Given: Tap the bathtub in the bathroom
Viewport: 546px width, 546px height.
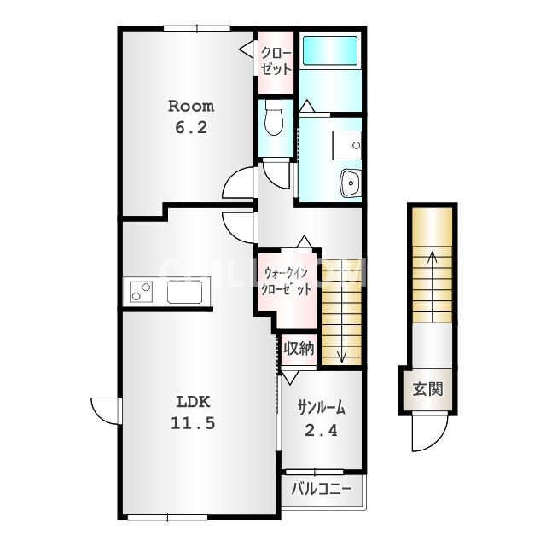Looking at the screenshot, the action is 330,50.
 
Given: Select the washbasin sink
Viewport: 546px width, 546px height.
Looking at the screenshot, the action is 351,183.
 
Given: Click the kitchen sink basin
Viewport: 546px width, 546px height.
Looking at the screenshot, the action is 184,292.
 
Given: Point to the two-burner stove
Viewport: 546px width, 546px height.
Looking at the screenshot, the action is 141,292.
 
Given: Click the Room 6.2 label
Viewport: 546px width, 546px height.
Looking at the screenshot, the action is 191,117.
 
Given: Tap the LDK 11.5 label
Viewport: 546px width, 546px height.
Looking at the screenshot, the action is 193,413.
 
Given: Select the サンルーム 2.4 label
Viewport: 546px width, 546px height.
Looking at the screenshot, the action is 322,420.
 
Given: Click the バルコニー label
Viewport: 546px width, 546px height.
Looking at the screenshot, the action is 322,489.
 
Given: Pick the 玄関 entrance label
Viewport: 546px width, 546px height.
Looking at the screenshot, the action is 428,389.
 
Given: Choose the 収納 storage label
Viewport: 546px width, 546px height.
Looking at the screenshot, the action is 299,348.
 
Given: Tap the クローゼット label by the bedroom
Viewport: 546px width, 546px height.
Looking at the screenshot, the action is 276,61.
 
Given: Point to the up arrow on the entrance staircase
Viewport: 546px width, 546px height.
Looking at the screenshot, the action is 433,287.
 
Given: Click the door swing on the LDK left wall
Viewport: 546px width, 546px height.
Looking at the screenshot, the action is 105,411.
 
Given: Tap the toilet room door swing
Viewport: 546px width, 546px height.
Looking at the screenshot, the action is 276,174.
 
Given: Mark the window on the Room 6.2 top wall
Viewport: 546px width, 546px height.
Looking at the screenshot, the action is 197,29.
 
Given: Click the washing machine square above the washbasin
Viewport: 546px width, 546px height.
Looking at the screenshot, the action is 347,145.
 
